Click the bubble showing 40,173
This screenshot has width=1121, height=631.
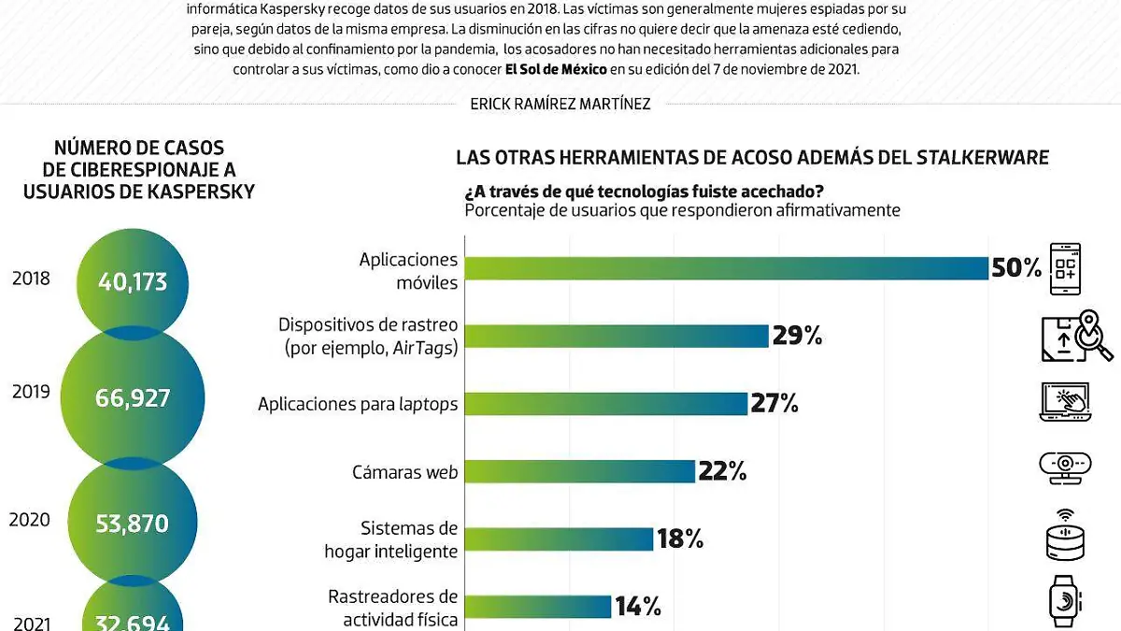point(132,280)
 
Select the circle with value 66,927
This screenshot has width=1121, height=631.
point(132,398)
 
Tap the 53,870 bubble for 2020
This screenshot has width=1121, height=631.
point(132,523)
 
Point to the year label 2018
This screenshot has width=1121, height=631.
point(31,279)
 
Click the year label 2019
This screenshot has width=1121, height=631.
point(31,392)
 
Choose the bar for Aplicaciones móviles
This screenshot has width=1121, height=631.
point(726,268)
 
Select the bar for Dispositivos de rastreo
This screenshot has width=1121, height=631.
point(616,336)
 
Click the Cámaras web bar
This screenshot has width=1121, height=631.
point(579,471)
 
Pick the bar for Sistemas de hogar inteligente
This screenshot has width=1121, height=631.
point(558,539)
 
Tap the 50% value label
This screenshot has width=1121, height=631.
point(1015,269)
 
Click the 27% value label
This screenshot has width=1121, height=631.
point(774,404)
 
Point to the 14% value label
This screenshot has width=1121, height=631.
point(638,607)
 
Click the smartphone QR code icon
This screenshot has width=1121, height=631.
point(1065,269)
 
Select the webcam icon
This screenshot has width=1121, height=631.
point(1065,467)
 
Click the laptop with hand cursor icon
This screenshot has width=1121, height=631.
point(1065,401)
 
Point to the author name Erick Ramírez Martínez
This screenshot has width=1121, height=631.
point(560,104)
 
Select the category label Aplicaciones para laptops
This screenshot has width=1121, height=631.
point(358,404)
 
